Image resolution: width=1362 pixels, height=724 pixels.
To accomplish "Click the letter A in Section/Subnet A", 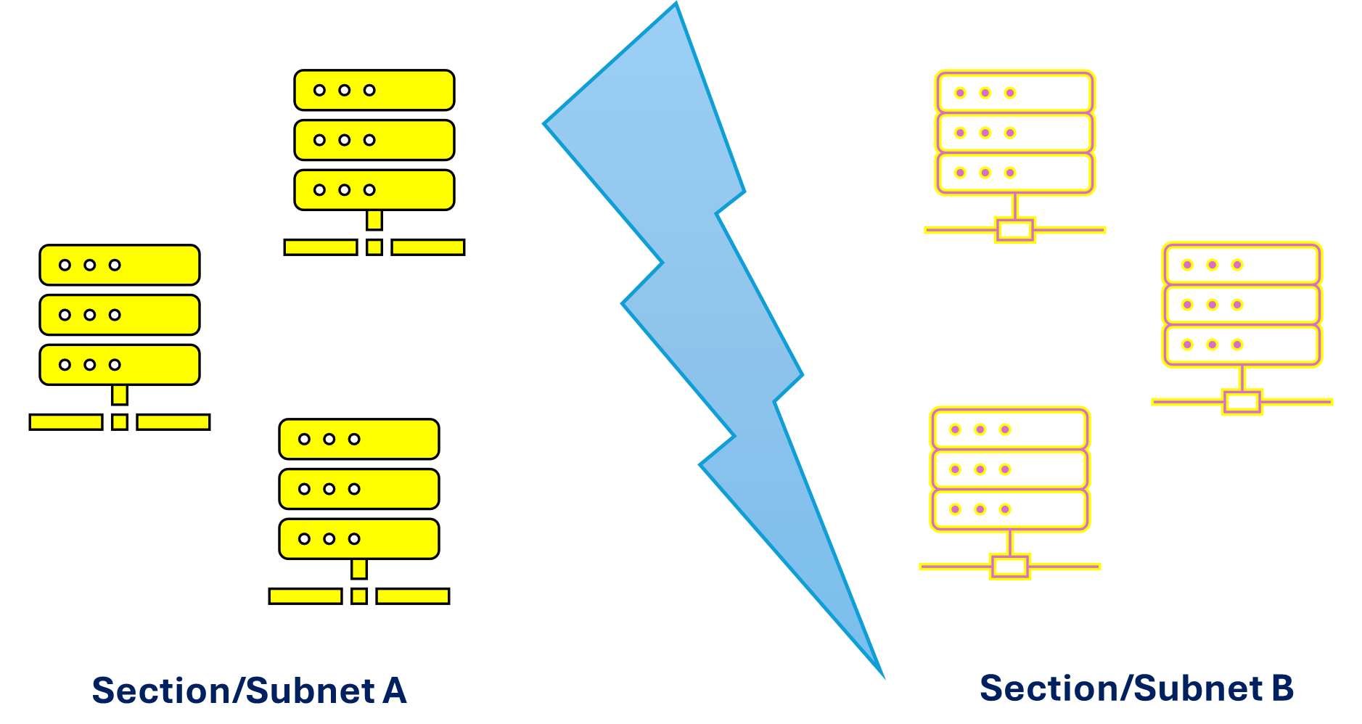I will pos(394,691).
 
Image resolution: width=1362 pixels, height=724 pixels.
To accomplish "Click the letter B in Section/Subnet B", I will pos(1282,688).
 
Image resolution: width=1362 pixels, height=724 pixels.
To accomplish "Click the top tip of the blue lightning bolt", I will pos(675,6).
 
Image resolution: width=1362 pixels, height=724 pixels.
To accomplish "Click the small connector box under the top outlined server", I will pos(1014,231).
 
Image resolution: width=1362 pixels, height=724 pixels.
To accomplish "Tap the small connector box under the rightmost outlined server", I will pos(1242,402).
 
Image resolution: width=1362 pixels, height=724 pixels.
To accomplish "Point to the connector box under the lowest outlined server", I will pos(1009,567).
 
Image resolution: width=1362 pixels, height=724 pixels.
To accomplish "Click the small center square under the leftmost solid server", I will pos(120,422).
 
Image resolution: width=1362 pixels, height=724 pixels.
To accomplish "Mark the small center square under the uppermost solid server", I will pos(374,247).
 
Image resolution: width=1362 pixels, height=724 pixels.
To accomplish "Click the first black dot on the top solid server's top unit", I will pos(319,90).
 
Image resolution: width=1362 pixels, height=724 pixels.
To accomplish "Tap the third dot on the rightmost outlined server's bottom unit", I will pos(1237,345).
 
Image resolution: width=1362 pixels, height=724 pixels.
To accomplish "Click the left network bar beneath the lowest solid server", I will pos(305,596).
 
